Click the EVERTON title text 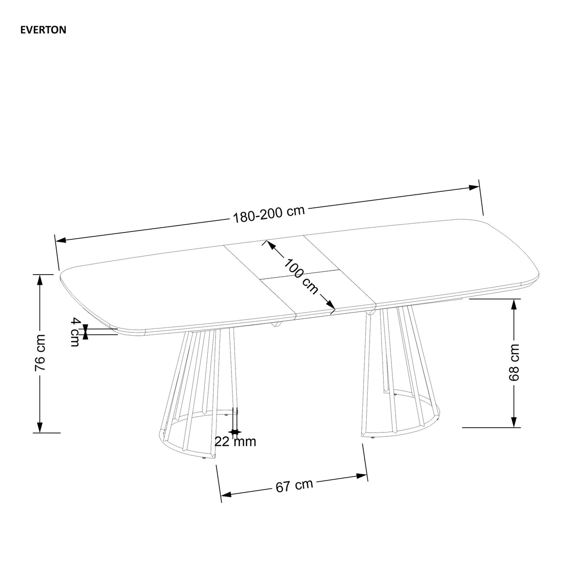[43, 30]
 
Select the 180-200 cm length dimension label [269, 214]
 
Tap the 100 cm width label [301, 277]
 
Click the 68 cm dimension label [514, 362]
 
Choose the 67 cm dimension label [294, 485]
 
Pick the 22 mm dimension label [235, 442]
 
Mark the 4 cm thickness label [75, 332]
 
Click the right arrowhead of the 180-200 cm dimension [473, 187]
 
